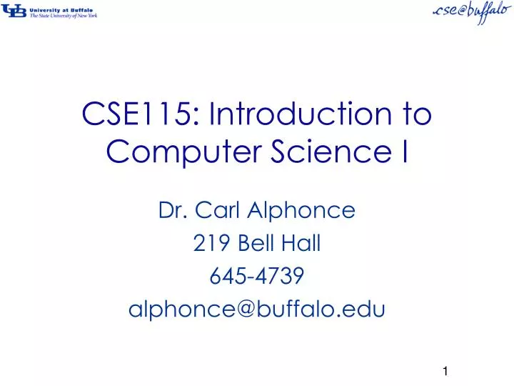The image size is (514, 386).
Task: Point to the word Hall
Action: pos(303,244)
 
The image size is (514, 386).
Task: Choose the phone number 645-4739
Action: pos(257,277)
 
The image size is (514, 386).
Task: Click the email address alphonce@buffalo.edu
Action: pos(257,309)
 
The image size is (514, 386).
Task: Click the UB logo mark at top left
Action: pos(14,11)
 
